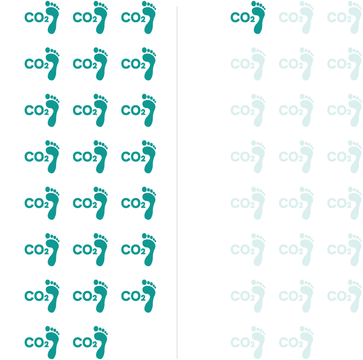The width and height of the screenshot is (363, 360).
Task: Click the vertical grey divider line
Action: (x=177, y=183)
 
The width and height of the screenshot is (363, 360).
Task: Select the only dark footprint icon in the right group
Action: (x=248, y=17)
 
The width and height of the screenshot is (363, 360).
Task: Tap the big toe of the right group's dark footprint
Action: (x=254, y=4)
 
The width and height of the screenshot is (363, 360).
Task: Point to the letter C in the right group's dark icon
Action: (x=235, y=18)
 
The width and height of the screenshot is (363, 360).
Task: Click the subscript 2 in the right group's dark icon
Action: (x=253, y=19)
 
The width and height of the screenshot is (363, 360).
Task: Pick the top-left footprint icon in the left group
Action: (x=42, y=17)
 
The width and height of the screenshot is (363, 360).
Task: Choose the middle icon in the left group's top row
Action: (x=90, y=17)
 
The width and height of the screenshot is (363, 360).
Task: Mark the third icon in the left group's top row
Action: (x=138, y=17)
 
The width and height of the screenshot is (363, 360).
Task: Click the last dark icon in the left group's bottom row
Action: (x=90, y=342)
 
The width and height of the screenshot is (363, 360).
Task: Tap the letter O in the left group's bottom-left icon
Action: (x=38, y=343)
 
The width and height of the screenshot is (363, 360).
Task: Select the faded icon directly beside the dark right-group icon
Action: (x=296, y=17)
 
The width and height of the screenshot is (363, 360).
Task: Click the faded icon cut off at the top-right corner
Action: (x=345, y=17)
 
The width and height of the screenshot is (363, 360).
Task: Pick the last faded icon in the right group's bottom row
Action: (x=296, y=342)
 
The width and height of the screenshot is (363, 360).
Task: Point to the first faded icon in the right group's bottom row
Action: (x=248, y=342)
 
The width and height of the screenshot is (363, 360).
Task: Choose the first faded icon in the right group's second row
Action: (x=248, y=64)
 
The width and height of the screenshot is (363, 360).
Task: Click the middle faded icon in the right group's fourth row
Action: (x=296, y=157)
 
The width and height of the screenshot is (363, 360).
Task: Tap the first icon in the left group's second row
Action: (x=42, y=64)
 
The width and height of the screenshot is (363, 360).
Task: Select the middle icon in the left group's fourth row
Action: (x=90, y=157)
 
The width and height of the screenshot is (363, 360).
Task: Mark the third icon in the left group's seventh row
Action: (x=138, y=296)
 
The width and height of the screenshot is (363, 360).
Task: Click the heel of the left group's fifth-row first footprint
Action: (x=52, y=215)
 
